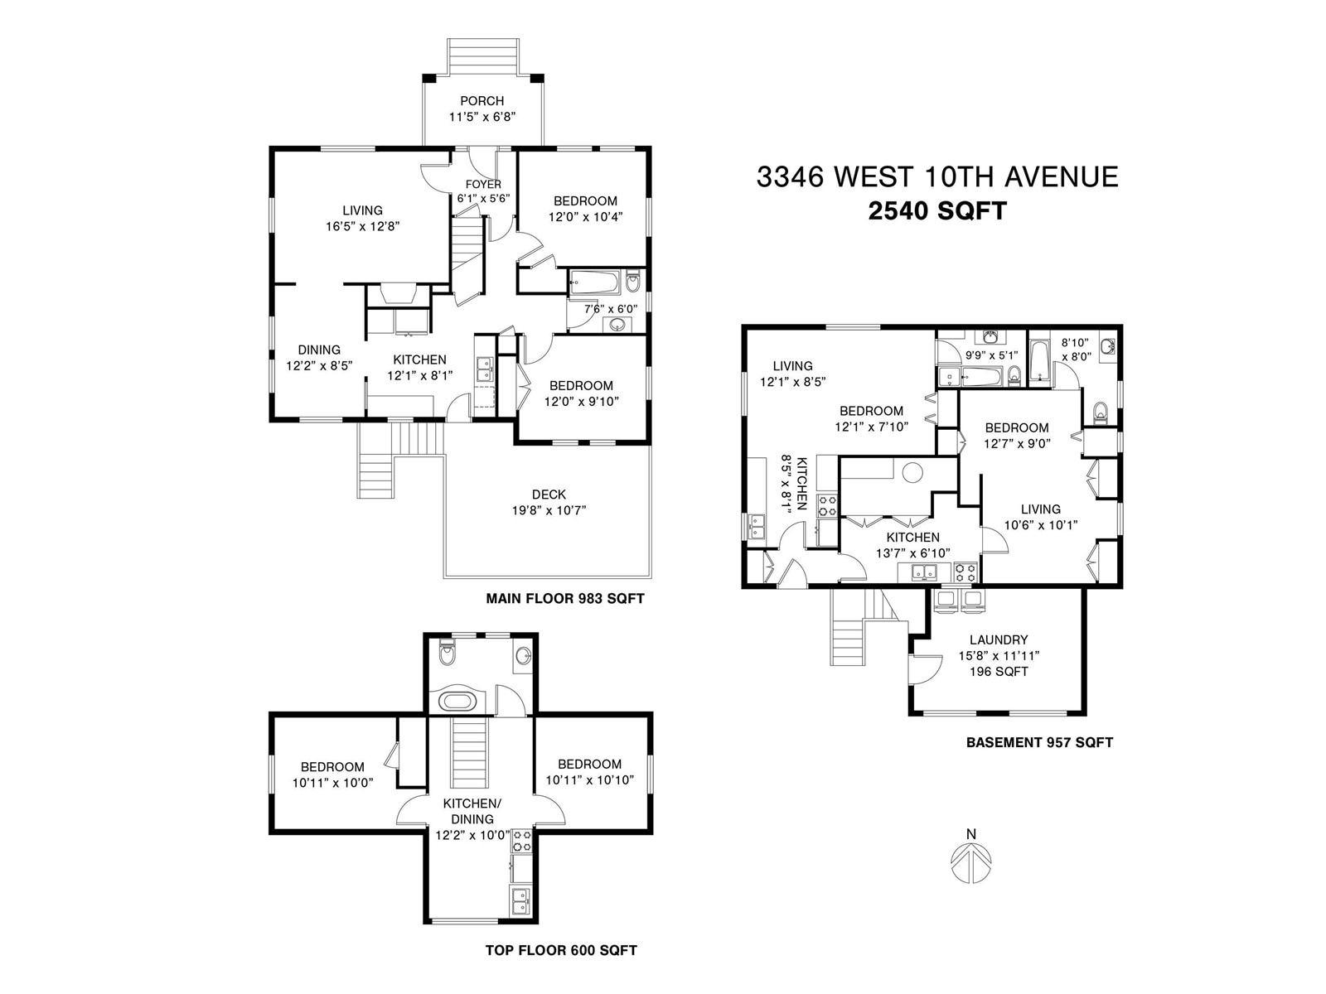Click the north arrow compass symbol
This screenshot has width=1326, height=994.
970,857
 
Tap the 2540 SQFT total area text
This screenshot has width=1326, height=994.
937,211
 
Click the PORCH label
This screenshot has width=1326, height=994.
482,101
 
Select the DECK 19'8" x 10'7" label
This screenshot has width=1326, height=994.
549,502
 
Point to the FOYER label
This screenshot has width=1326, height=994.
483,184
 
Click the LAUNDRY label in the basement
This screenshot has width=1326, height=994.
999,639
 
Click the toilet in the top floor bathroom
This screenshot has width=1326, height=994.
447,652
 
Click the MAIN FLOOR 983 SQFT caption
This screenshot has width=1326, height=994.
565,599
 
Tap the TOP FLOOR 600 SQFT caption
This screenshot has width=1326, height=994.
561,951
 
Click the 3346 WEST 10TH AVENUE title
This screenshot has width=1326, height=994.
937,176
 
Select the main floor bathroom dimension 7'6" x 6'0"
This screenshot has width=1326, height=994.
610,309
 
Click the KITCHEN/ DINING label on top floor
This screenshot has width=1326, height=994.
472,811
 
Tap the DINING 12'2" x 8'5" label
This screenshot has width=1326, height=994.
319,357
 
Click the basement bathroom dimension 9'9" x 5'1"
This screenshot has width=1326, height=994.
991,355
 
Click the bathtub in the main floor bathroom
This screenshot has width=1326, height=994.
594,282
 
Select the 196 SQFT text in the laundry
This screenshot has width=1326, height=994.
999,672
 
